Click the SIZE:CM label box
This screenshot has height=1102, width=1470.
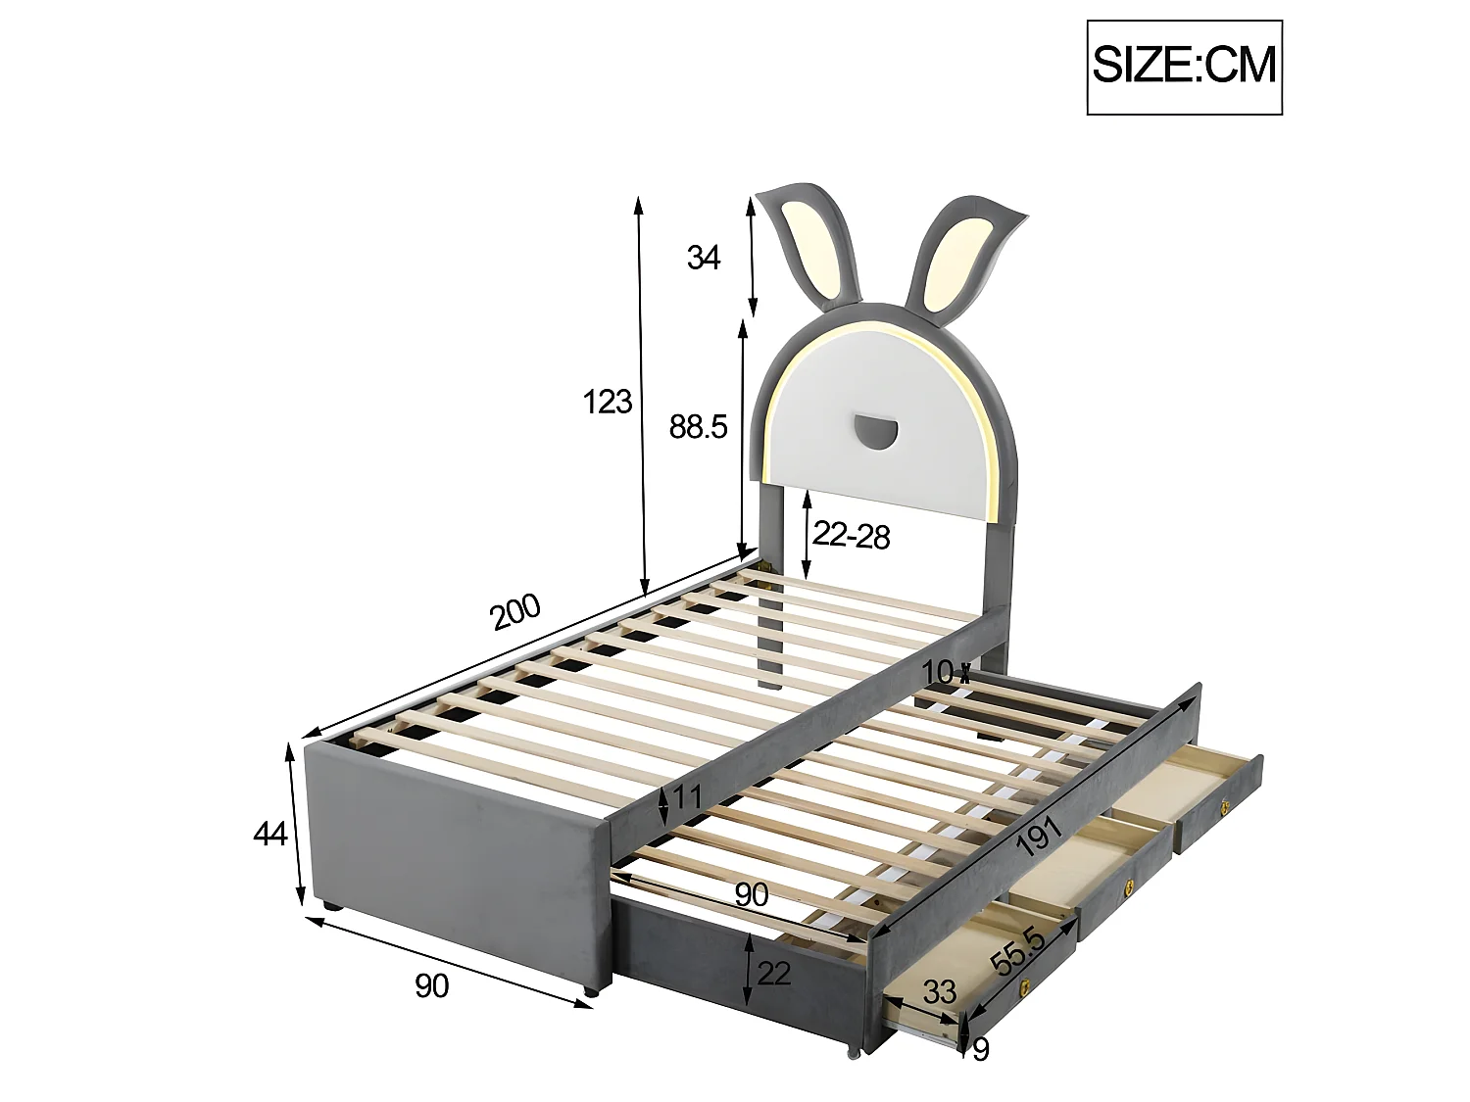coord(1184,66)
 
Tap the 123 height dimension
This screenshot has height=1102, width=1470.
coord(608,402)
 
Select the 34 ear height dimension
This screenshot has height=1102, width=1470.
coord(704,258)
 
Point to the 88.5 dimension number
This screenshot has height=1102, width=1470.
coord(698,426)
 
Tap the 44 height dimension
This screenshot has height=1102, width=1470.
coord(269,834)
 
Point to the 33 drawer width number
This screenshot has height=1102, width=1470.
coord(939,991)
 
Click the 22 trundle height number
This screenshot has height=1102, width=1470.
coord(774,973)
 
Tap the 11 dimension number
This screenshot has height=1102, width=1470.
coord(688,797)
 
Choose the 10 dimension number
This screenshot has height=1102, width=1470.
coord(937,672)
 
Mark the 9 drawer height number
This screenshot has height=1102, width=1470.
coord(980,1049)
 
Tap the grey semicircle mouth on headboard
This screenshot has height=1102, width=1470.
coord(875,430)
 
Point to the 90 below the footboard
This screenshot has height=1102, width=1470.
coord(431,985)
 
